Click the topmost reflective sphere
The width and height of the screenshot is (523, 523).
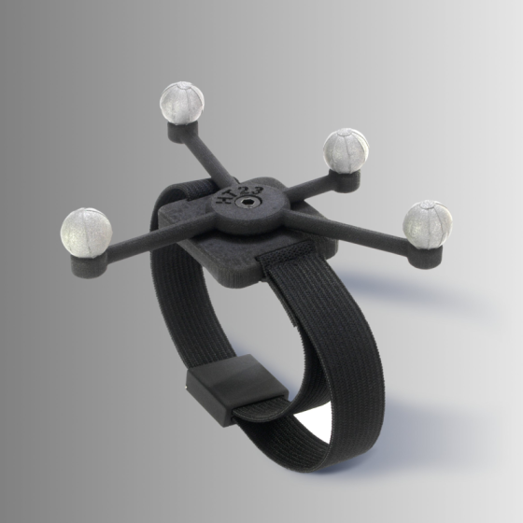point(182,102)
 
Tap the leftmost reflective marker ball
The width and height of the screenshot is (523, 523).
point(86,233)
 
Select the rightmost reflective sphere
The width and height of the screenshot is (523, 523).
point(428,224)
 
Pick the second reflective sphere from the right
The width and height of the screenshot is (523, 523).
point(346,150)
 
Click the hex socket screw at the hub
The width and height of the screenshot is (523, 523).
point(242,202)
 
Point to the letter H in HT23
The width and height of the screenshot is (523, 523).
point(222,200)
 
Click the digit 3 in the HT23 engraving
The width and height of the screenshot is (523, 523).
point(258,191)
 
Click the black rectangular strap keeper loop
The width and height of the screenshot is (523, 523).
point(237,389)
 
